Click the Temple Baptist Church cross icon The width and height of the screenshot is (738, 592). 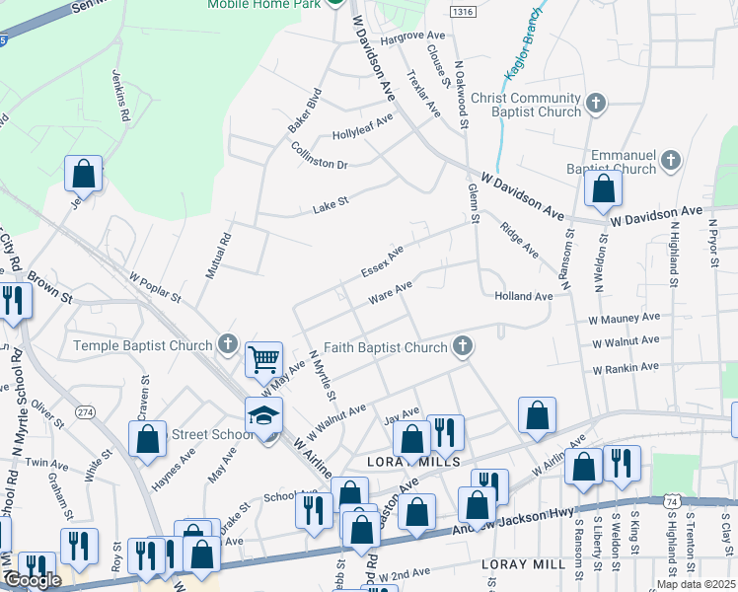point(228,345)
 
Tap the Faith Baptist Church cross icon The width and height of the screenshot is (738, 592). point(461,346)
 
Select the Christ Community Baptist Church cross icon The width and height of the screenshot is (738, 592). point(595,103)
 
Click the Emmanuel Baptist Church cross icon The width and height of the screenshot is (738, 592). point(670,159)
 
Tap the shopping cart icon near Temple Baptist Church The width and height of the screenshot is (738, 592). point(264,359)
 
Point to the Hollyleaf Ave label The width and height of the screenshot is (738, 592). point(362,125)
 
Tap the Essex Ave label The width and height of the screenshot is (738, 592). point(382,261)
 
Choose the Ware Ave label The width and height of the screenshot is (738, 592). point(389,293)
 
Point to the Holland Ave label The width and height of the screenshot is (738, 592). point(524,296)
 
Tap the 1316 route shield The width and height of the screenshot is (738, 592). point(461,11)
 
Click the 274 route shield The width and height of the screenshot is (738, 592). point(86,384)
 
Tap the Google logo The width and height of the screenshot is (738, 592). point(33,580)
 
